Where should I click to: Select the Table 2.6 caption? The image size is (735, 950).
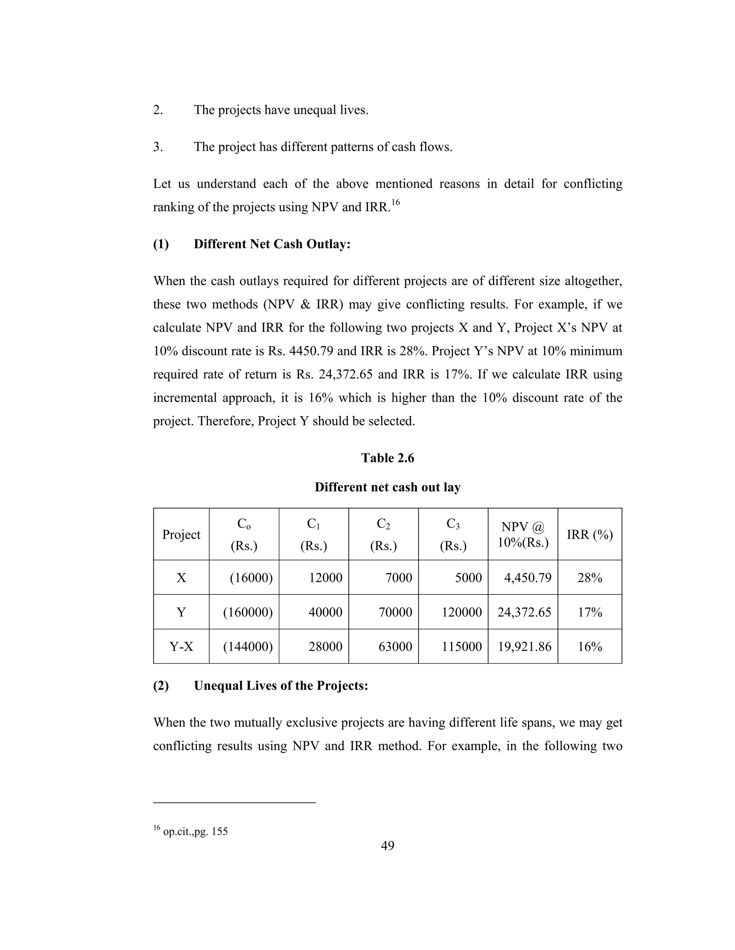pos(387,458)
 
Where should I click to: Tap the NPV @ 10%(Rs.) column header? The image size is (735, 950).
pos(523,535)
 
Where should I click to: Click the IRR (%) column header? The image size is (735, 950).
pos(590,535)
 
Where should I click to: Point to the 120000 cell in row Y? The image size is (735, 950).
pos(462,612)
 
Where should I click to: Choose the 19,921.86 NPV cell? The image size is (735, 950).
pos(524,646)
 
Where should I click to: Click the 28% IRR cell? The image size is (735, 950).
pos(590,578)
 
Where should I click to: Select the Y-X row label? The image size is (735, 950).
pos(181,646)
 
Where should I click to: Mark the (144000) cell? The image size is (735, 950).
pos(248,646)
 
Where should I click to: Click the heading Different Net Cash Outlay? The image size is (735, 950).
pos(272,244)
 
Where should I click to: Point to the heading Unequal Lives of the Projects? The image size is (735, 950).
pos(281,685)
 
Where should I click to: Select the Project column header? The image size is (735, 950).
pos(181,535)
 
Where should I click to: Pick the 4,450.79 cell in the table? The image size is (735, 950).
pos(527,578)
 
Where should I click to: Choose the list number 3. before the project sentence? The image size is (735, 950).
pos(158,147)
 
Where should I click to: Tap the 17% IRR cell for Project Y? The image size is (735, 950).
pos(590,612)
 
